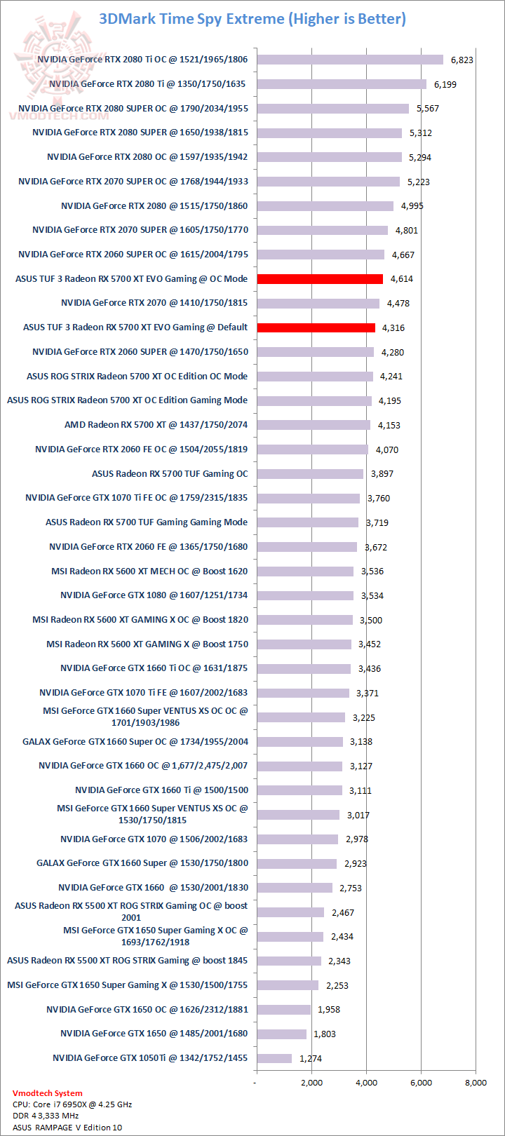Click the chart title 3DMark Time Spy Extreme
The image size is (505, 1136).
coord(252,19)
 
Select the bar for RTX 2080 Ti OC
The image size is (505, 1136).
coord(350,60)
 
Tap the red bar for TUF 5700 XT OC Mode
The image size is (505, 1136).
coord(320,278)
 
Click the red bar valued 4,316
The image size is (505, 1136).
coord(316,327)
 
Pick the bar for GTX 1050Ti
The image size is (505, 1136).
coord(274,1058)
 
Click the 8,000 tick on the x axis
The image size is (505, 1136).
coord(476,1083)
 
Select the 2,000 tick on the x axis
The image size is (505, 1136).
coord(311,1083)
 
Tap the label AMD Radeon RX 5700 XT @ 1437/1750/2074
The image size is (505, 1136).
coord(156,425)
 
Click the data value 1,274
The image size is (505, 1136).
coord(311,1058)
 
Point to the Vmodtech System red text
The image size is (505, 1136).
coord(48,1093)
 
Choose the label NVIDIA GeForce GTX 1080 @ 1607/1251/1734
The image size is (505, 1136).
coord(154,595)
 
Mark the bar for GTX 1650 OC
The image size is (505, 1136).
coord(283,1010)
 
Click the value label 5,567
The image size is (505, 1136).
coord(427,109)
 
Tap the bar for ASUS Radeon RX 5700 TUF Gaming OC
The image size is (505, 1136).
coord(310,474)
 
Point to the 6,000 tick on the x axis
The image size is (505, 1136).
coord(421,1083)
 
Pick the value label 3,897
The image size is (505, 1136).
coord(382,474)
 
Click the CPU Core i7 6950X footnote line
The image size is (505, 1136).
coord(72,1104)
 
